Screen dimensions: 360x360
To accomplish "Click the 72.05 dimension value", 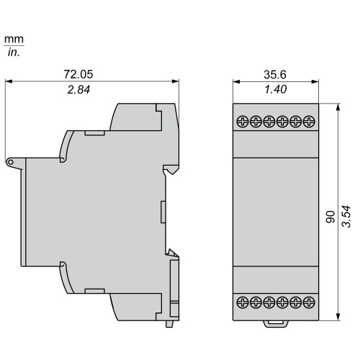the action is tap(78, 74).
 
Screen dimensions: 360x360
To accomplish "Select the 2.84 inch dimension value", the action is tap(78, 90).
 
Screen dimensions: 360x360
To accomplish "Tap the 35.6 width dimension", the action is tap(275, 75).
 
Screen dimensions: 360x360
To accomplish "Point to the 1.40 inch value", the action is tap(276, 89).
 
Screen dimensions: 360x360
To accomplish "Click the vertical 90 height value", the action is tap(330, 217).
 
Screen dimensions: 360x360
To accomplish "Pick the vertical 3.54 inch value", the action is tap(346, 216).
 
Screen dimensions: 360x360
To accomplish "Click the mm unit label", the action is tap(14, 39).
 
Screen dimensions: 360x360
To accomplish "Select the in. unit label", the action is tap(14, 52).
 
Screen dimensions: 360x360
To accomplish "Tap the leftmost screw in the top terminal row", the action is tap(243, 122).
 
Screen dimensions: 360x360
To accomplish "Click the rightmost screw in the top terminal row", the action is tap(309, 122).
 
